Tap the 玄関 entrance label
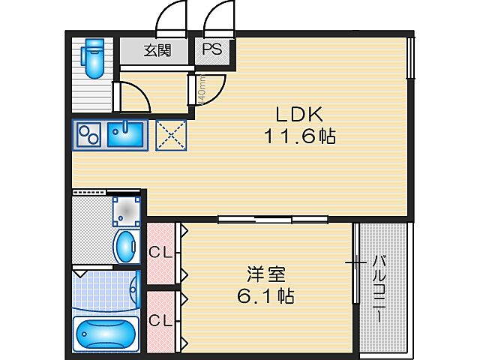pos(157,51)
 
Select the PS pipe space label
pos(211,50)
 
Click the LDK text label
pos(298,115)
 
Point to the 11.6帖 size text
pos(298,137)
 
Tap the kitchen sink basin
pos(123,135)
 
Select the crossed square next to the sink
pos(169,136)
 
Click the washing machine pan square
pos(127,211)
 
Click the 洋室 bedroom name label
pos(267,274)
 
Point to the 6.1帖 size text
pos(267,297)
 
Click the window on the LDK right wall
pos(410,56)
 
